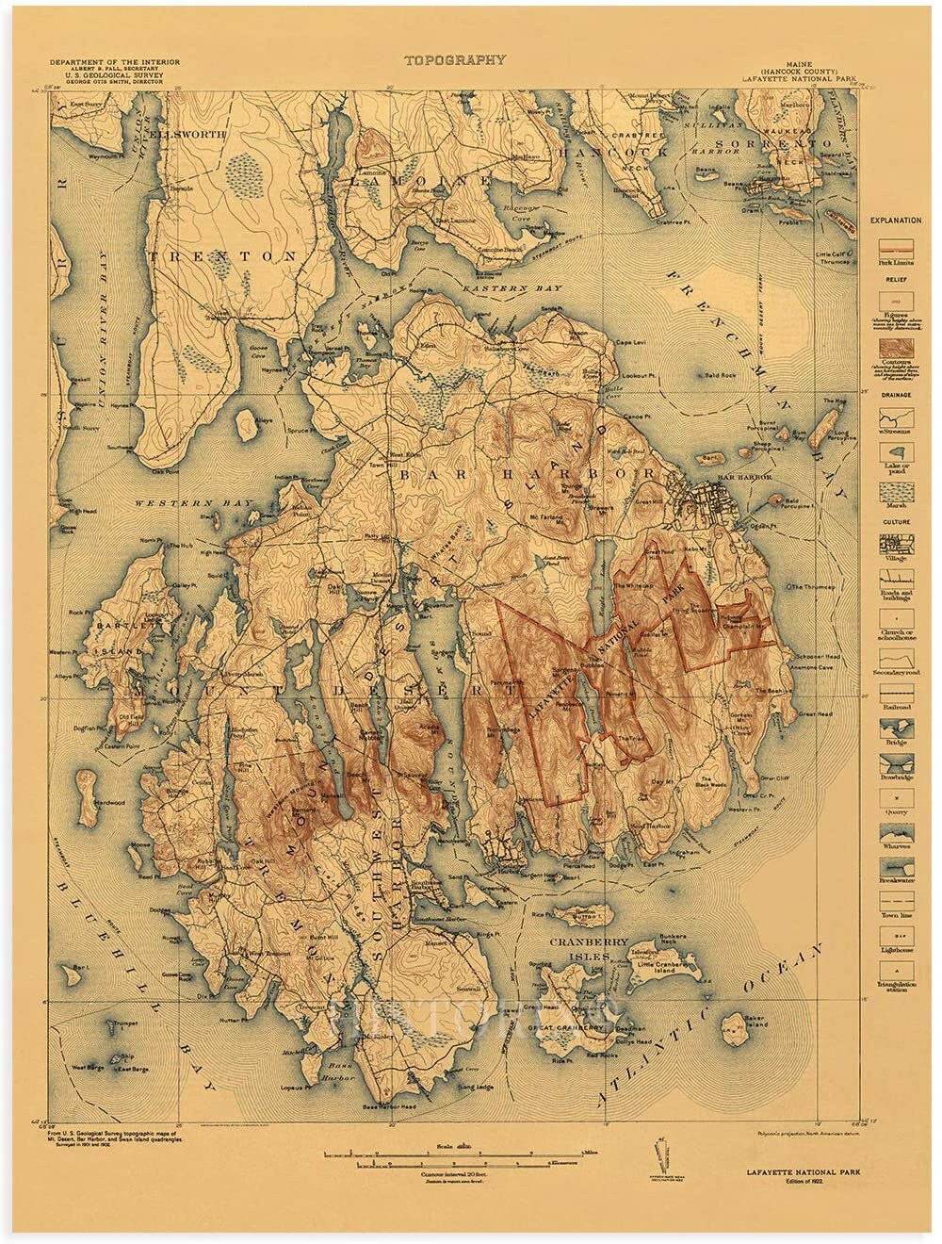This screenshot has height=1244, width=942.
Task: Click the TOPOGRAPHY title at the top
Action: click(x=455, y=59)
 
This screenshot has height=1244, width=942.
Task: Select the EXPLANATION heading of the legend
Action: click(x=895, y=221)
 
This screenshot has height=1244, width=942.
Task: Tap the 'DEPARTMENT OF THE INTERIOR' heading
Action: click(x=116, y=62)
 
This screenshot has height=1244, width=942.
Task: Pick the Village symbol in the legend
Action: click(x=895, y=545)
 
